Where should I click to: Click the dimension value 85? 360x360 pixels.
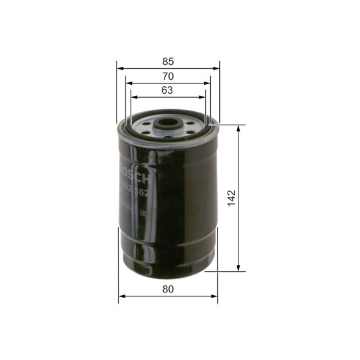tap(168, 62)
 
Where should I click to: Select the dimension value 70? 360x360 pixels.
tap(168, 76)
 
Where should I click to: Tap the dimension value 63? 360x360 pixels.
tap(167, 90)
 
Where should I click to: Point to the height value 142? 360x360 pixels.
tap(232, 197)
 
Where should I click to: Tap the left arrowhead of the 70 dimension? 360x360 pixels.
tap(127, 83)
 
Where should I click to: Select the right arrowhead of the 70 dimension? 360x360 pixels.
tap(209, 83)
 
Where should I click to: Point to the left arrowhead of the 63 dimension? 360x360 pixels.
tap(132, 97)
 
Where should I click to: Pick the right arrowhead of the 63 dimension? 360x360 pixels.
tap(204, 97)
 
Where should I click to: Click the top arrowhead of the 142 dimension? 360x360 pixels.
tap(239, 127)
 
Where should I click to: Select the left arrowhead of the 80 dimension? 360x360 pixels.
tap(122, 296)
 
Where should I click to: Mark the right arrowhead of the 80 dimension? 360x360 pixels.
tap(215, 296)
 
